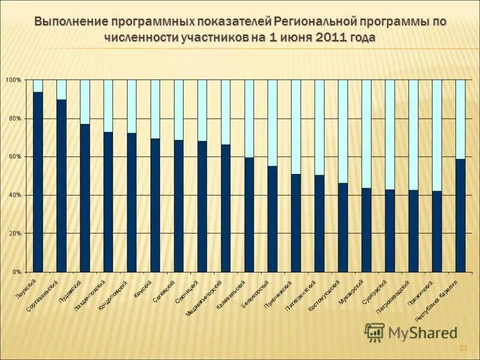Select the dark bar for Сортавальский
(61, 185)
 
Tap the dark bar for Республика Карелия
(460, 215)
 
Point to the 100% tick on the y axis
(14, 80)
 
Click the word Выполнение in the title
(71, 22)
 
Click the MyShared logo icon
(374, 332)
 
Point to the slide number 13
(463, 349)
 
